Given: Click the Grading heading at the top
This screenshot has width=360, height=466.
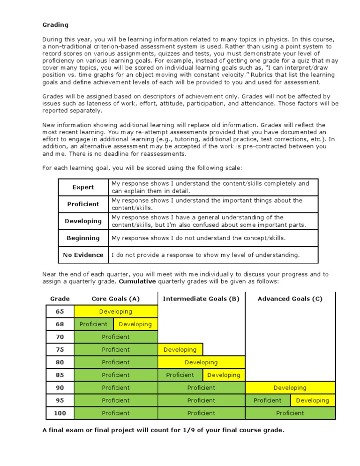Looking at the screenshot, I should [x=55, y=24].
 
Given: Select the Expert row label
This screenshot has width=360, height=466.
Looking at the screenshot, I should [x=83, y=187].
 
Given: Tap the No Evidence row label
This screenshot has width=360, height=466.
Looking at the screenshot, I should [x=83, y=255].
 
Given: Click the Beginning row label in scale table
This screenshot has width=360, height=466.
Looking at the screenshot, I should [x=83, y=238].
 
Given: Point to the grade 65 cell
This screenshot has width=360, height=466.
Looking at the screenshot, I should [x=60, y=311].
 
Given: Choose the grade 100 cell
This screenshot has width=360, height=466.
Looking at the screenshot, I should [x=60, y=413].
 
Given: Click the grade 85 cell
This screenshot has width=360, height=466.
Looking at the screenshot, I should [x=60, y=375].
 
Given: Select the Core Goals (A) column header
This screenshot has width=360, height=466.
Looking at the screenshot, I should [x=116, y=299].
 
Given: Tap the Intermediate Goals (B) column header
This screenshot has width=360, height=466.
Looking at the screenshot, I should [x=201, y=299].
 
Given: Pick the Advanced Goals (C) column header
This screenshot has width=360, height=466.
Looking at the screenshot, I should [x=290, y=299].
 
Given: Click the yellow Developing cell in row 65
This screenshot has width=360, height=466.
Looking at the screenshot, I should [x=116, y=311].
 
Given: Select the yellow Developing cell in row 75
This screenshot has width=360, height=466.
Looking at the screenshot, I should [x=180, y=350].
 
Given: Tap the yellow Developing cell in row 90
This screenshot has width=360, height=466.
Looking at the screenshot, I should [x=290, y=388].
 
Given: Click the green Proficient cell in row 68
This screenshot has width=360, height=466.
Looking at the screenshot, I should [x=93, y=324].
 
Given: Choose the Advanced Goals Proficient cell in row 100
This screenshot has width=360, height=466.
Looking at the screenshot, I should [x=290, y=413].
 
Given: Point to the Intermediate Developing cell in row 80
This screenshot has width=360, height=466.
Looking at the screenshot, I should [x=201, y=362].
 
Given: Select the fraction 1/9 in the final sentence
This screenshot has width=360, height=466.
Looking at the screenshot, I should [x=185, y=429].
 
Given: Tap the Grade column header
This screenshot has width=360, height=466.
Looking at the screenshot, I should [x=60, y=299].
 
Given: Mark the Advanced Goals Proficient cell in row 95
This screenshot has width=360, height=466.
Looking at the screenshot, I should [x=268, y=400].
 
